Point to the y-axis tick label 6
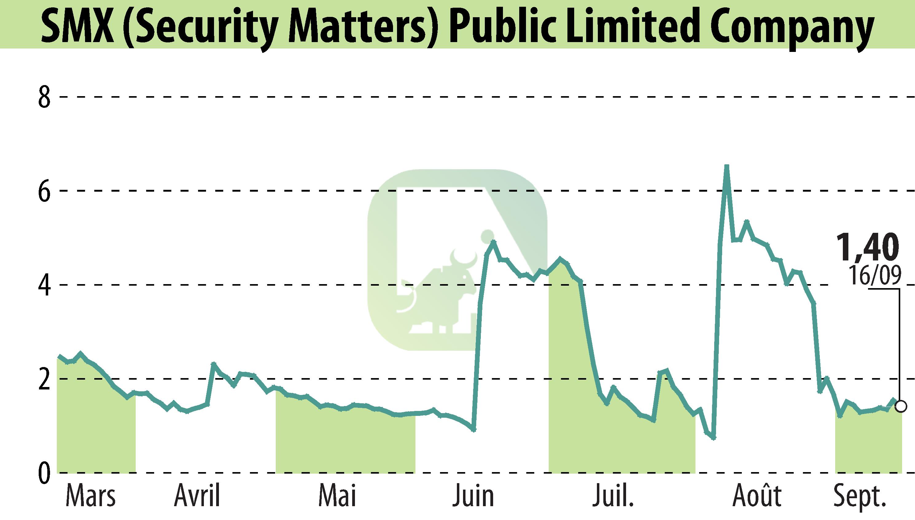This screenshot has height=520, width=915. tap(44, 191)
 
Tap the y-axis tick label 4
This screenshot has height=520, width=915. tap(44, 285)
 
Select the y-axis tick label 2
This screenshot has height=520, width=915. tap(44, 380)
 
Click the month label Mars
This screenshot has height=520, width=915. tap(91, 496)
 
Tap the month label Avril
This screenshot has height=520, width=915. tap(197, 496)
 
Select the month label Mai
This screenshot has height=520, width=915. tap(337, 496)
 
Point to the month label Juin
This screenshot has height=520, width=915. tap(473, 496)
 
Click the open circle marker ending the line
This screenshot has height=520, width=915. tap(901, 406)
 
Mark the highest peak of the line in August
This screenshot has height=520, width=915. tap(726, 166)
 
